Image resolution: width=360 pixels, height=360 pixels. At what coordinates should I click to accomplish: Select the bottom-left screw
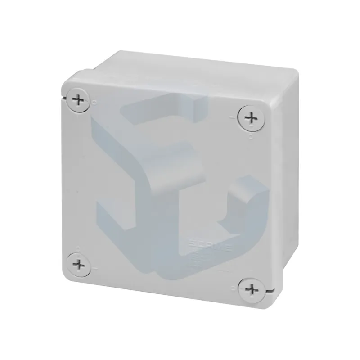[80, 263]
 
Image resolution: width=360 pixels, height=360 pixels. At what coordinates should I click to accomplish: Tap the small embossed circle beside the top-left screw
[94, 103]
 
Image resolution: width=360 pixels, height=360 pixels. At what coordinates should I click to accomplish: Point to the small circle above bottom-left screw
[79, 247]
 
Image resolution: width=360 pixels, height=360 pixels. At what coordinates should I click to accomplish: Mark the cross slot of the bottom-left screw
[80, 263]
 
